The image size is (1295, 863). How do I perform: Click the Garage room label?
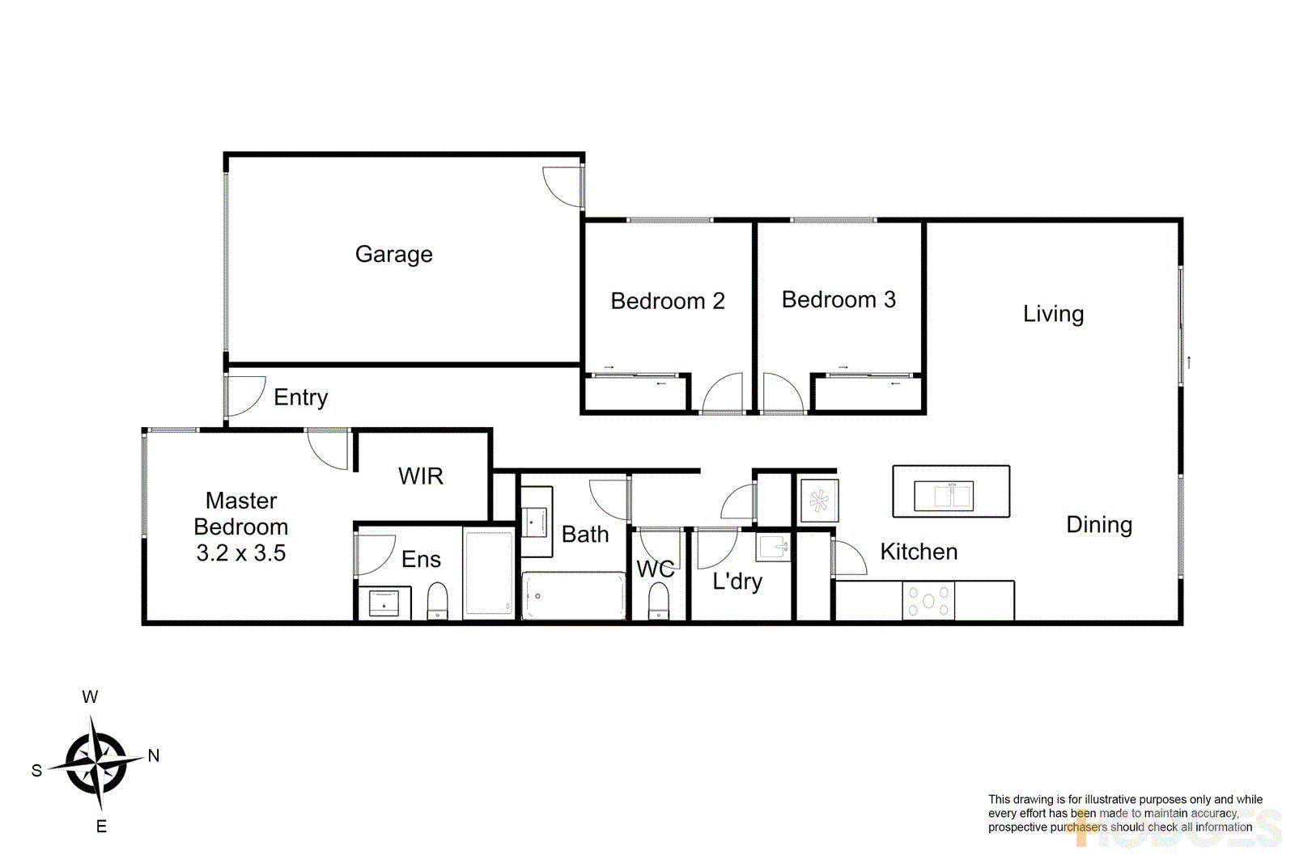[x=393, y=255]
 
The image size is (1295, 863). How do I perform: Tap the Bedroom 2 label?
[x=667, y=301]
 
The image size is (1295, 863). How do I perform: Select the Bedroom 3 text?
[x=839, y=300]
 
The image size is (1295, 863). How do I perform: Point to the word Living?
[x=1053, y=314]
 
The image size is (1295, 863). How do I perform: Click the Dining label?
[x=1098, y=525]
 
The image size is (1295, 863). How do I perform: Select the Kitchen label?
[x=919, y=552]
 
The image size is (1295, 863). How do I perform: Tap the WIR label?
[x=421, y=476]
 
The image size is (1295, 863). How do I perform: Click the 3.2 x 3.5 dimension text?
[x=241, y=553]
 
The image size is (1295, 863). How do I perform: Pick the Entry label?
[x=300, y=397]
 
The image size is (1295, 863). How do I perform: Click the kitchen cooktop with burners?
[x=928, y=601]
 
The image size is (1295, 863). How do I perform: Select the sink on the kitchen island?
[x=943, y=495]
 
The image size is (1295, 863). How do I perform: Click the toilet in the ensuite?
[x=437, y=600]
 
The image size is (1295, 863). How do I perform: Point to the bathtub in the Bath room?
[x=574, y=596]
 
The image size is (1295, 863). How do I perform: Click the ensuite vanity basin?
[x=384, y=603]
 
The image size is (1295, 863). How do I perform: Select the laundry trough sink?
[x=773, y=546]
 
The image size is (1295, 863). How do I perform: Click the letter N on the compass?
[x=154, y=756]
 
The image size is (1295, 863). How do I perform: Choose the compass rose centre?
[x=97, y=763]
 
